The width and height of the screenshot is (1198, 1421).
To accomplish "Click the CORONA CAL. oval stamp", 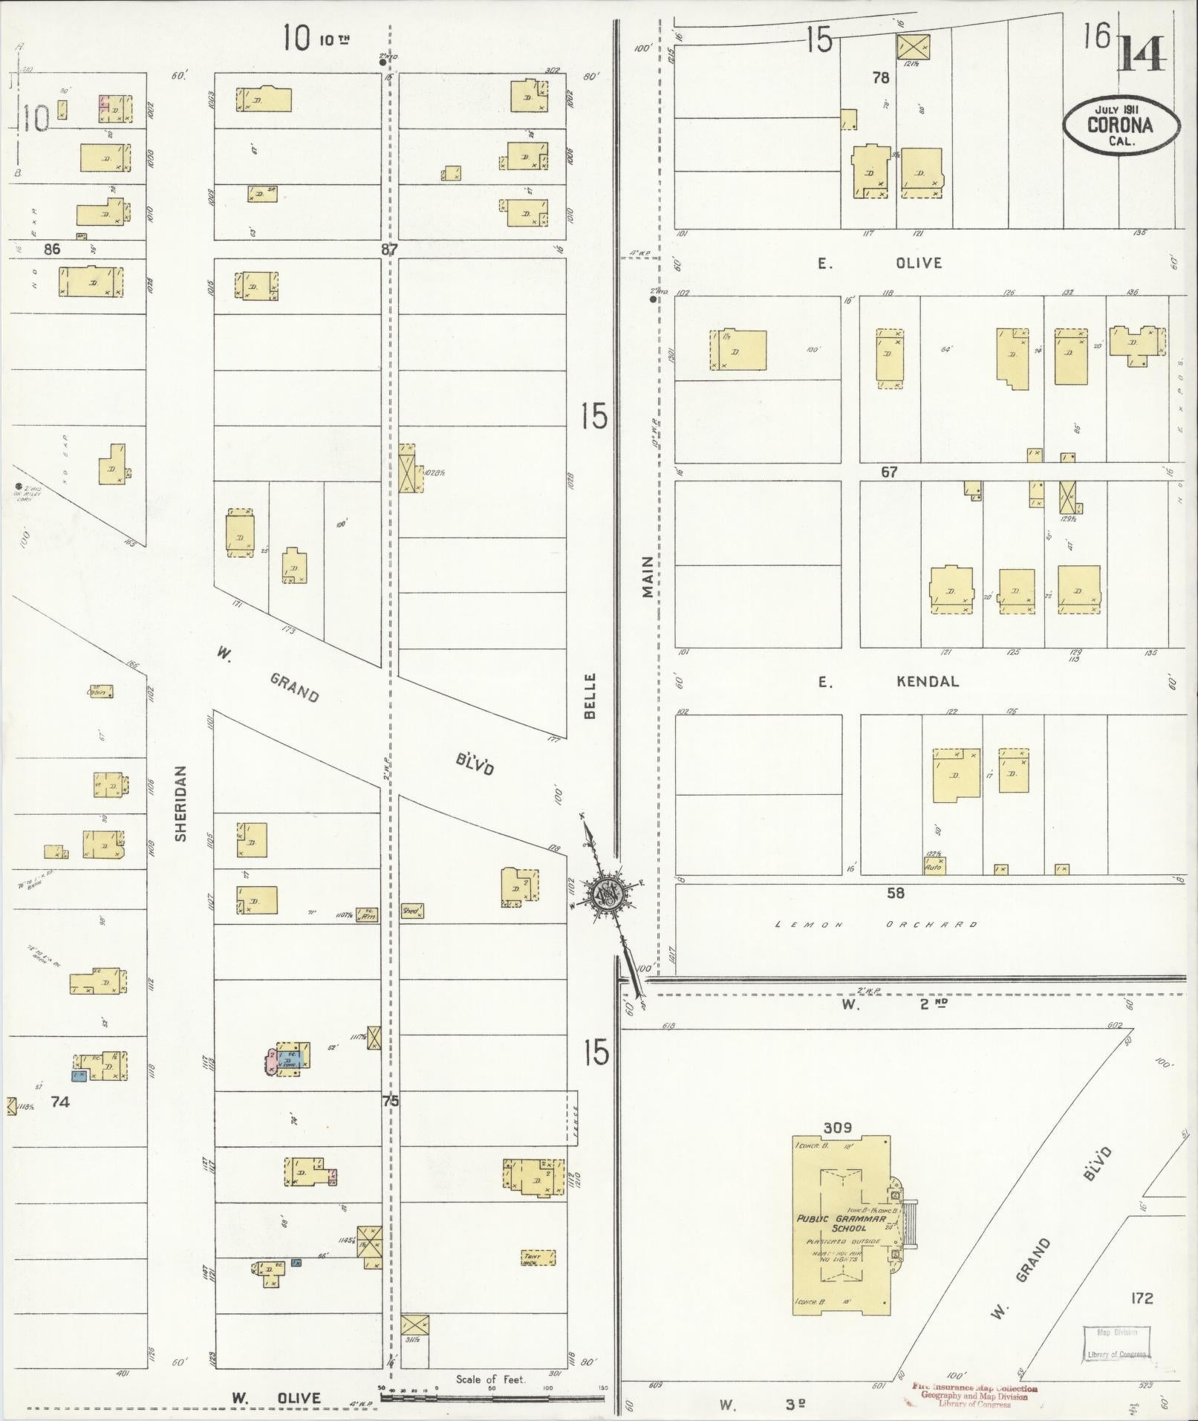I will point(1120,125).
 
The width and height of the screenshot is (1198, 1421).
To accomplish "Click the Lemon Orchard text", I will point(876,925).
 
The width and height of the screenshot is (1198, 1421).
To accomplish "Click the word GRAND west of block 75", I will point(294,686).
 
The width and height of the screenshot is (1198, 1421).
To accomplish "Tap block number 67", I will point(889,472).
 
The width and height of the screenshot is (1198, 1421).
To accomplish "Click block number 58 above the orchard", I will point(896,893).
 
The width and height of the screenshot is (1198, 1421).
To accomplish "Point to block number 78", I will point(881,77).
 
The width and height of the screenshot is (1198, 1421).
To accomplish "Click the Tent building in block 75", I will point(538,1258).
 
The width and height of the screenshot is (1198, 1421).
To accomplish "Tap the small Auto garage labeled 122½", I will point(934,865).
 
